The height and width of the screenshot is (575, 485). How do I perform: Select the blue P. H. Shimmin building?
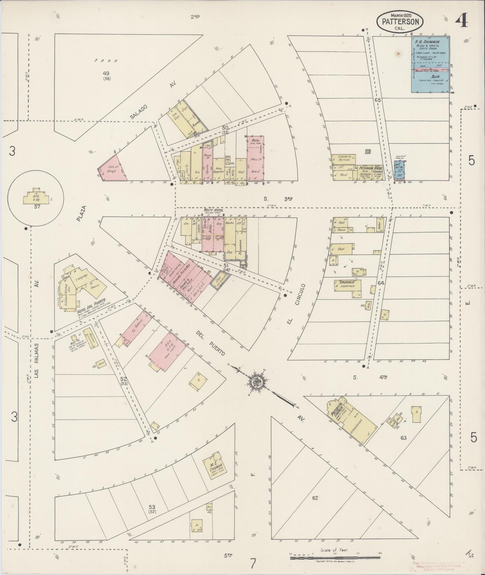coord(431,64)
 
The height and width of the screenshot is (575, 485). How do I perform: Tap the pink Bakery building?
coord(136,329)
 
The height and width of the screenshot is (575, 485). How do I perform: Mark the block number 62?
coord(315,498)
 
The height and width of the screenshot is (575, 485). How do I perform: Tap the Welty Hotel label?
coord(213,210)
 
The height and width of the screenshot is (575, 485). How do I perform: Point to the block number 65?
coord(378,100)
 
